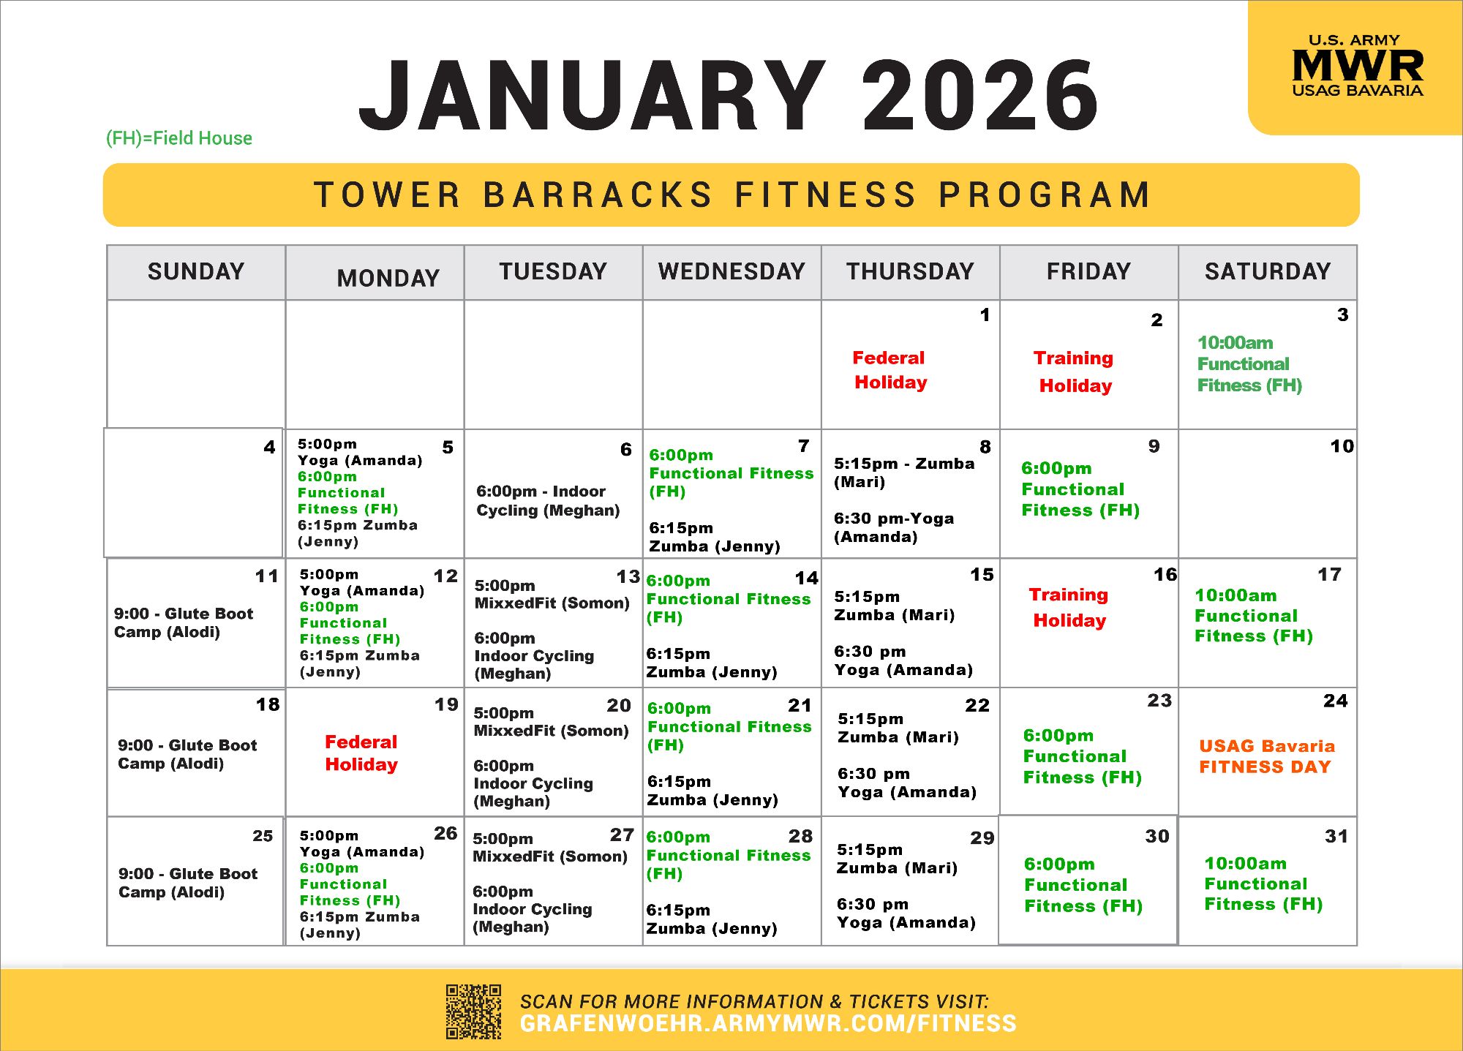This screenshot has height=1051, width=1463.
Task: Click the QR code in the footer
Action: [x=474, y=1012]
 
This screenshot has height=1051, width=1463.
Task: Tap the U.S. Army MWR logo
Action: [x=1358, y=66]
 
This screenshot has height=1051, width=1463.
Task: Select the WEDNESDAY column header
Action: [x=731, y=271]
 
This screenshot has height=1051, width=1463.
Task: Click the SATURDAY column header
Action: [x=1268, y=271]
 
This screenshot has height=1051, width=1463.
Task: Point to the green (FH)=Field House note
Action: [x=179, y=138]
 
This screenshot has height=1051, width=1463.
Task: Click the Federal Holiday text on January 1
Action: [x=890, y=370]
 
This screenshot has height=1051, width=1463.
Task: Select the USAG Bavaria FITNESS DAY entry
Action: [x=1267, y=756]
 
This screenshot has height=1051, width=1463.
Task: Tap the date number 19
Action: [x=446, y=704]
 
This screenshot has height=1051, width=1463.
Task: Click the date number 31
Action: [x=1336, y=836]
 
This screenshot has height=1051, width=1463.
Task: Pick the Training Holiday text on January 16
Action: [x=1069, y=607]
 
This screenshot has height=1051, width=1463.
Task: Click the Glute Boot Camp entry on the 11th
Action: [x=184, y=622]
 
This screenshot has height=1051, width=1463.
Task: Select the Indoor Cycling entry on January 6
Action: [x=548, y=501]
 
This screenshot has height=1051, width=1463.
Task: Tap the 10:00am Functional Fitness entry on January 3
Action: [x=1249, y=363]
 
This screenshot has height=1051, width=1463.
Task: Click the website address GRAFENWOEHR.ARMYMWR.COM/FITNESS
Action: [x=768, y=1023]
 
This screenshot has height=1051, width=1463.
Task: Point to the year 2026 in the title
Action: [x=980, y=96]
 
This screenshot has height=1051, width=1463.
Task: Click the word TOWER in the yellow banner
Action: [x=388, y=195]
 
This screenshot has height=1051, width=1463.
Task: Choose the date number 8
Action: [x=985, y=447]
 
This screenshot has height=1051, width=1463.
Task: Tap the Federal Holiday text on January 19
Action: [x=361, y=753]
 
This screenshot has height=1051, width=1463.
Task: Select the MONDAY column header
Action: [x=388, y=278]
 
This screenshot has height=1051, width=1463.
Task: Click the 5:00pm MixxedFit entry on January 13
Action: [x=552, y=595]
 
